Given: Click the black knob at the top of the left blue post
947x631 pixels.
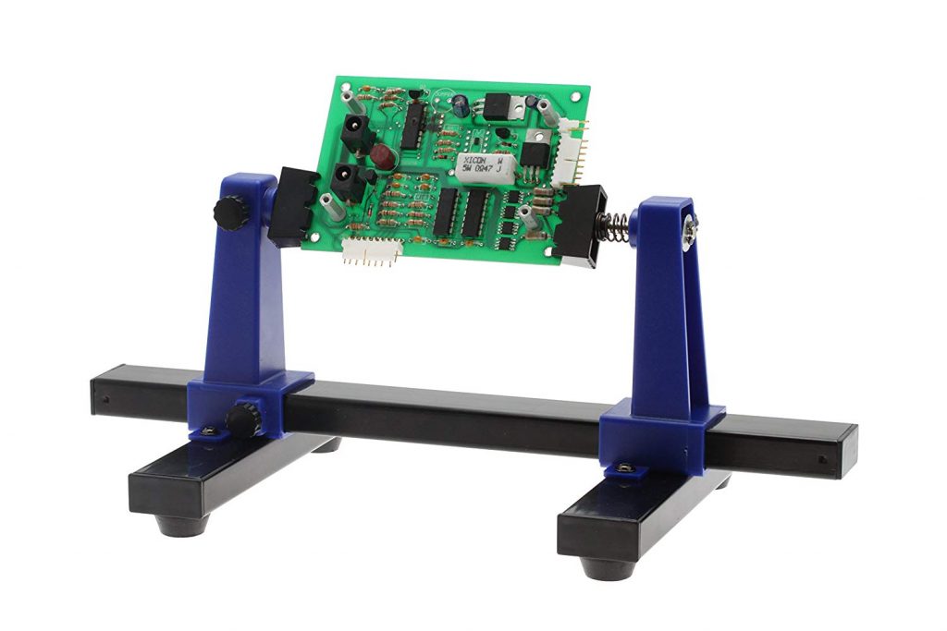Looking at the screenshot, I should coord(229,213).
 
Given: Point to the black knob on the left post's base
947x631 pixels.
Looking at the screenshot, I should coord(244,420).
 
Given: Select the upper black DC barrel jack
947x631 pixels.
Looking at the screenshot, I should coord(357,135).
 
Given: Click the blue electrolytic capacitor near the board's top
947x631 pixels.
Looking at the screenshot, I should coord(460,106).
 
